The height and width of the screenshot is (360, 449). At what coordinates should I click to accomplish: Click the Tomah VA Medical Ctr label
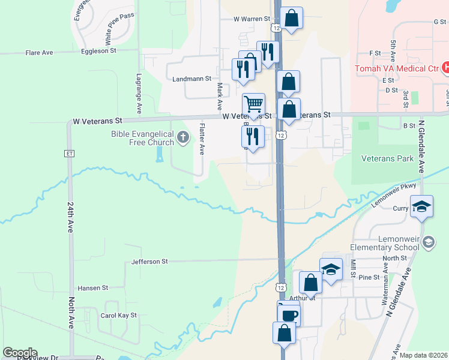pos(396,68)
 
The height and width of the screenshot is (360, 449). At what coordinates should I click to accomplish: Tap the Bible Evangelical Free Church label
pos(142,138)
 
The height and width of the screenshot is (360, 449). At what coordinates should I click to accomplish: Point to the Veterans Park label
pos(387,158)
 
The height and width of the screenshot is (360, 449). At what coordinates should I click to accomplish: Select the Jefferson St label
pos(150,262)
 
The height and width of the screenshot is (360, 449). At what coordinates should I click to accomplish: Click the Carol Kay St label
pos(119,315)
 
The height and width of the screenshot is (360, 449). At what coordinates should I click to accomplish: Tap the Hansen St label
pos(92,288)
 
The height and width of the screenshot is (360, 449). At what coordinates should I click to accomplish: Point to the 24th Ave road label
pos(70,217)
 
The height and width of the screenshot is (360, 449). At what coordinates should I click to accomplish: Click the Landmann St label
pos(191,79)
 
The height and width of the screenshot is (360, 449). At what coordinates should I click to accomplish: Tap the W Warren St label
pos(252,19)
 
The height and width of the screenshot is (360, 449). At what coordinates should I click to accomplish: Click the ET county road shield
pos(69,153)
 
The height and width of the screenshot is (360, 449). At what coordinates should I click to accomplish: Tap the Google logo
pos(20,353)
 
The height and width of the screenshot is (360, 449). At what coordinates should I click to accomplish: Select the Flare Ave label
pos(39,53)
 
